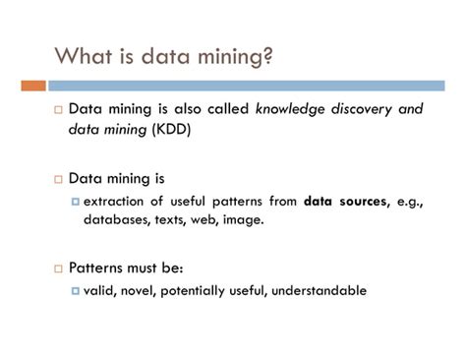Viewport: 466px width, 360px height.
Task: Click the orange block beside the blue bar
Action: [x=32, y=85]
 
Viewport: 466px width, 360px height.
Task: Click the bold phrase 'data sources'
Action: [x=344, y=202]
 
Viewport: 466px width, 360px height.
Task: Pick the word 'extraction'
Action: [x=115, y=202]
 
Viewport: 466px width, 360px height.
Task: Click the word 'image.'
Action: [x=243, y=220]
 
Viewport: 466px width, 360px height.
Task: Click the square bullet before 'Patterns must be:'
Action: [x=58, y=269]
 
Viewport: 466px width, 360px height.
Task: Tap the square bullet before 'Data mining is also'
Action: [x=58, y=110]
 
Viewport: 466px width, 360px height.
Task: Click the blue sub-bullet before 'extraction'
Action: [x=75, y=202]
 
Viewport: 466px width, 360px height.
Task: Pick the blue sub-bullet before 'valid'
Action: [x=75, y=291]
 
